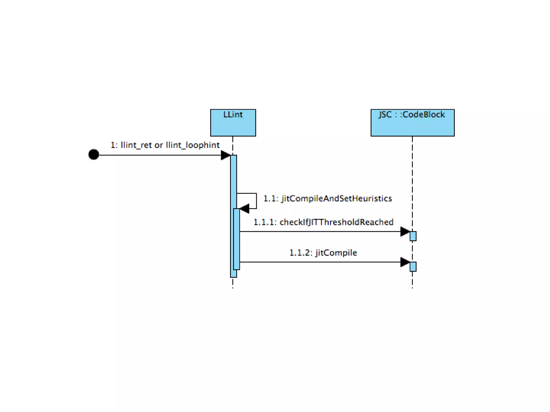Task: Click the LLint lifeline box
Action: tap(233, 123)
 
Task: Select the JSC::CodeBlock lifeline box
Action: tap(412, 123)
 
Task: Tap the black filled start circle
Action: tap(94, 154)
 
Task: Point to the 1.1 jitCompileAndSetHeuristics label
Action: tap(328, 198)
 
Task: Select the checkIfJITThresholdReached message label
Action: tap(336, 222)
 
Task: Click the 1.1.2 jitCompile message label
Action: tap(323, 253)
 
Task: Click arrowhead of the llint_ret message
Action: tap(225, 155)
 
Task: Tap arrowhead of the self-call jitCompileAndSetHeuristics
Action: tap(244, 208)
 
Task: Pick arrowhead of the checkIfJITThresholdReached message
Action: tap(405, 231)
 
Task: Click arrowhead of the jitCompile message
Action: tap(405, 262)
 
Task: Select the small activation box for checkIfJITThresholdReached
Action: tap(413, 236)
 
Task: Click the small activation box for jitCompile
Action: tap(413, 267)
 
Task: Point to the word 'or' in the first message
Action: tap(158, 145)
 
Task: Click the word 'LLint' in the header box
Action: tap(233, 115)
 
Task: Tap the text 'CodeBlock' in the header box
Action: tap(424, 115)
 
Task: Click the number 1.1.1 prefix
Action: tap(264, 222)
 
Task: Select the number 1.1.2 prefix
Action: tap(300, 253)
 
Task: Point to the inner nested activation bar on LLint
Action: tap(236, 239)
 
